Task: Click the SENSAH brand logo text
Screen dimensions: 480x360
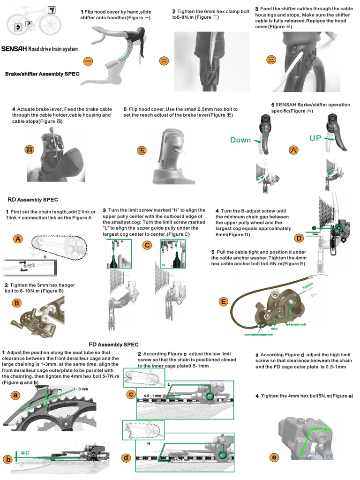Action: pos(14,49)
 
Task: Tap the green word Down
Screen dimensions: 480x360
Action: pos(240,140)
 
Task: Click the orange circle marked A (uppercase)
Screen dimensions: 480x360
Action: pos(18,239)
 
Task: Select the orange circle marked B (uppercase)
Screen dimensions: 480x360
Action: pos(17,303)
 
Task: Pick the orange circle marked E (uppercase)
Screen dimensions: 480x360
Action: pos(223,301)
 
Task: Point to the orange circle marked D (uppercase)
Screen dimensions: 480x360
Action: pos(299,238)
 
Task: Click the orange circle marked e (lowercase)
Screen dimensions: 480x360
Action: pos(274,457)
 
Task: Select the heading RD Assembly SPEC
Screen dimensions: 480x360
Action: pos(33,200)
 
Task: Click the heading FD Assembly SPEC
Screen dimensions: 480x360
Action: pos(113,345)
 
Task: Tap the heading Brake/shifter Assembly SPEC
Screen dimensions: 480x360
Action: pos(42,74)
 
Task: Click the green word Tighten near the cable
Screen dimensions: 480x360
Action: pos(307,285)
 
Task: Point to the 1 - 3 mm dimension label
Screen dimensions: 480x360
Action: pos(81,389)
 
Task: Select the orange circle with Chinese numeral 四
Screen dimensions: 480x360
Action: pos(30,150)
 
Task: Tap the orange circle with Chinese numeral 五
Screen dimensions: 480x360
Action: pos(142,150)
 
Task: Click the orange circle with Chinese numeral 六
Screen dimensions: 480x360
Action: pos(293,150)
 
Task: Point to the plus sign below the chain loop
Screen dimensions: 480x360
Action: pos(45,257)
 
